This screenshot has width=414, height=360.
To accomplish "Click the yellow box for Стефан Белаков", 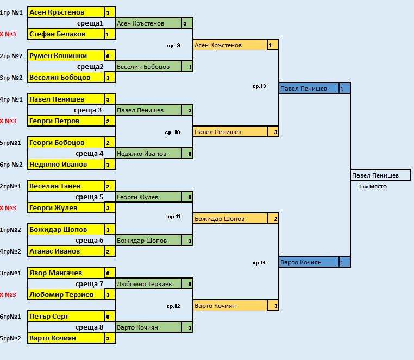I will pyautogui.click(x=65, y=34).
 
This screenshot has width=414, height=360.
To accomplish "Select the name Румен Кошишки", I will pyautogui.click(x=65, y=56).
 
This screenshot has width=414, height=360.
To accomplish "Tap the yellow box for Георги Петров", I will pyautogui.click(x=65, y=121).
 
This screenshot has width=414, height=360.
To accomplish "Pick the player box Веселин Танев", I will pyautogui.click(x=65, y=186).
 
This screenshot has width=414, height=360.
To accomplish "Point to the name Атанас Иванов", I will pyautogui.click(x=65, y=251).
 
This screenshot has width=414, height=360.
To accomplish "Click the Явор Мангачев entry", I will pyautogui.click(x=65, y=273).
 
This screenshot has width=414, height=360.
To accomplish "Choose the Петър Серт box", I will pyautogui.click(x=65, y=317).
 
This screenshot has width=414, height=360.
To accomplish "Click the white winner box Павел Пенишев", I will pyautogui.click(x=380, y=175).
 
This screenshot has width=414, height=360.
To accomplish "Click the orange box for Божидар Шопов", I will pyautogui.click(x=230, y=219).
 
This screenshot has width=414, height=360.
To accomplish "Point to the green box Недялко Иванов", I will pyautogui.click(x=148, y=154).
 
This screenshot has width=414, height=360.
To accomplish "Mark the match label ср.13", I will pyautogui.click(x=259, y=86).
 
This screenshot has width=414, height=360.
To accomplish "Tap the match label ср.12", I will pyautogui.click(x=173, y=306).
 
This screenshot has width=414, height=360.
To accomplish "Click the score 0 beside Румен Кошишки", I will pyautogui.click(x=108, y=56).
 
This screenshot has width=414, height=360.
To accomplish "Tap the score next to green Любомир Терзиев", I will pyautogui.click(x=190, y=284).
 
